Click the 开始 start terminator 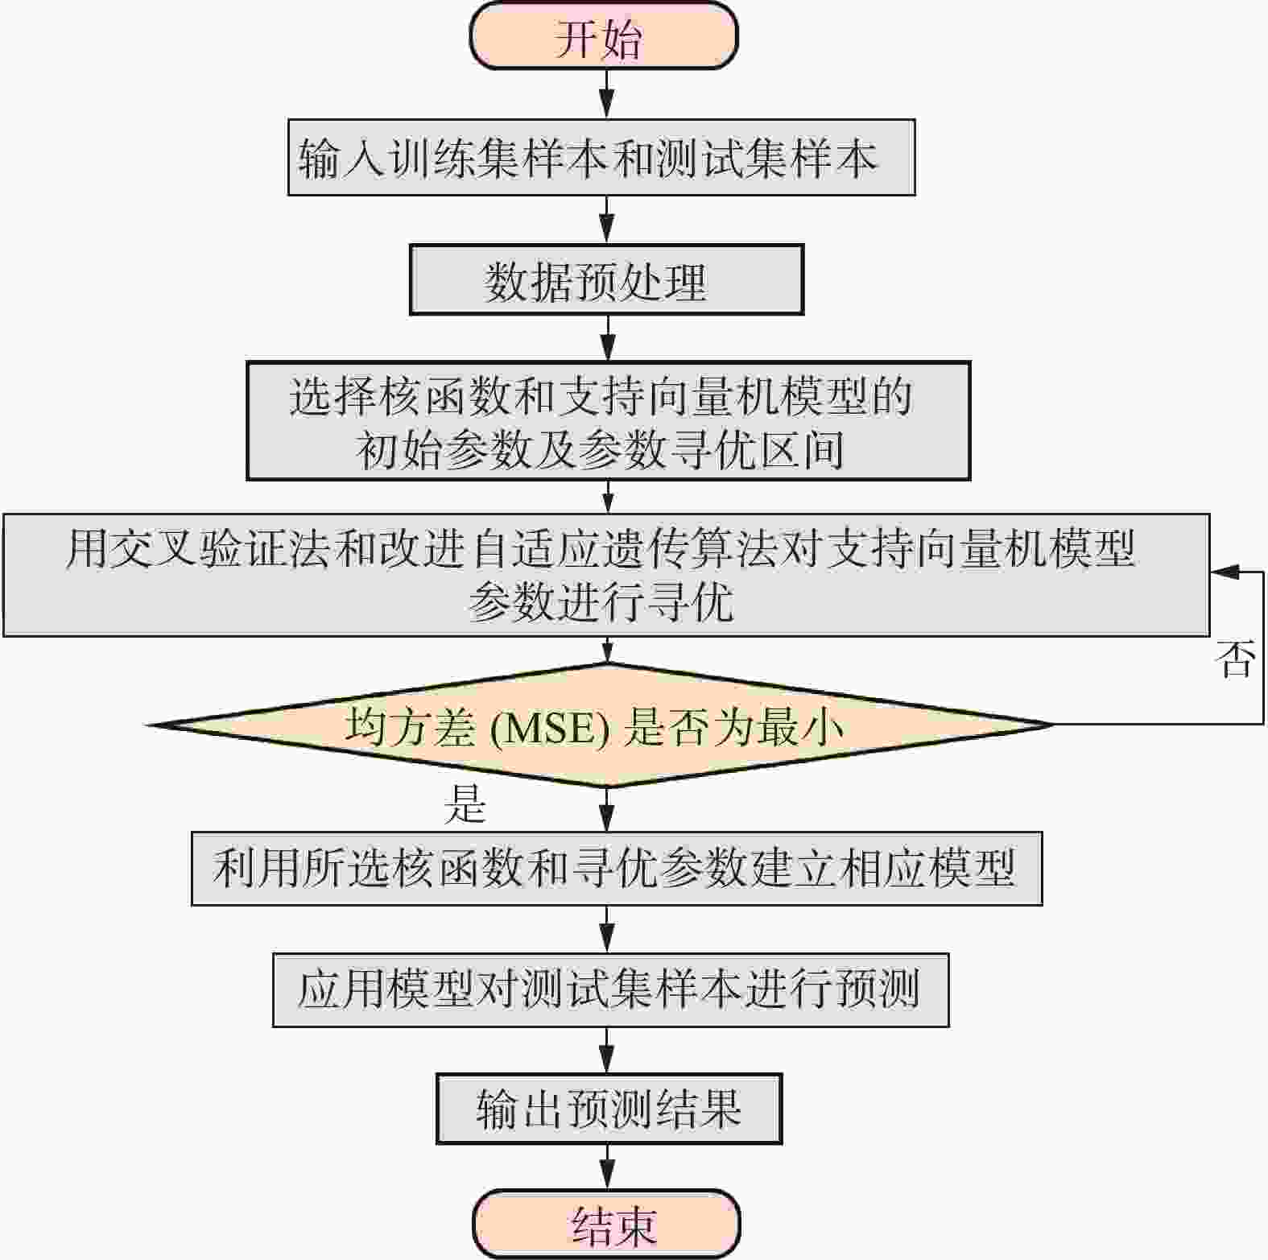coord(604,36)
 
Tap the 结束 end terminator coord(606,1224)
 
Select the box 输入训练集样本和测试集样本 coord(601,157)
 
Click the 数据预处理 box coord(606,279)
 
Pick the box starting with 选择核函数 coord(608,420)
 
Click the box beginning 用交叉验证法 coord(606,575)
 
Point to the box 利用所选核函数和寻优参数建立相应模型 coord(617,869)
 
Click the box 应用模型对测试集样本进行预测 coord(610,989)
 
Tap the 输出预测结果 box coord(609,1108)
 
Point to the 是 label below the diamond coord(465,803)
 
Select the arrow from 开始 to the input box coord(607,94)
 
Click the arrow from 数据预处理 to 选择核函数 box coord(608,337)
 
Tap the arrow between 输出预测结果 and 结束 coord(607,1167)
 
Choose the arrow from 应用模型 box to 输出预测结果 coord(607,1050)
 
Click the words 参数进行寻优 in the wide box coord(601,601)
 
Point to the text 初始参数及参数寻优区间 coord(601,449)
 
